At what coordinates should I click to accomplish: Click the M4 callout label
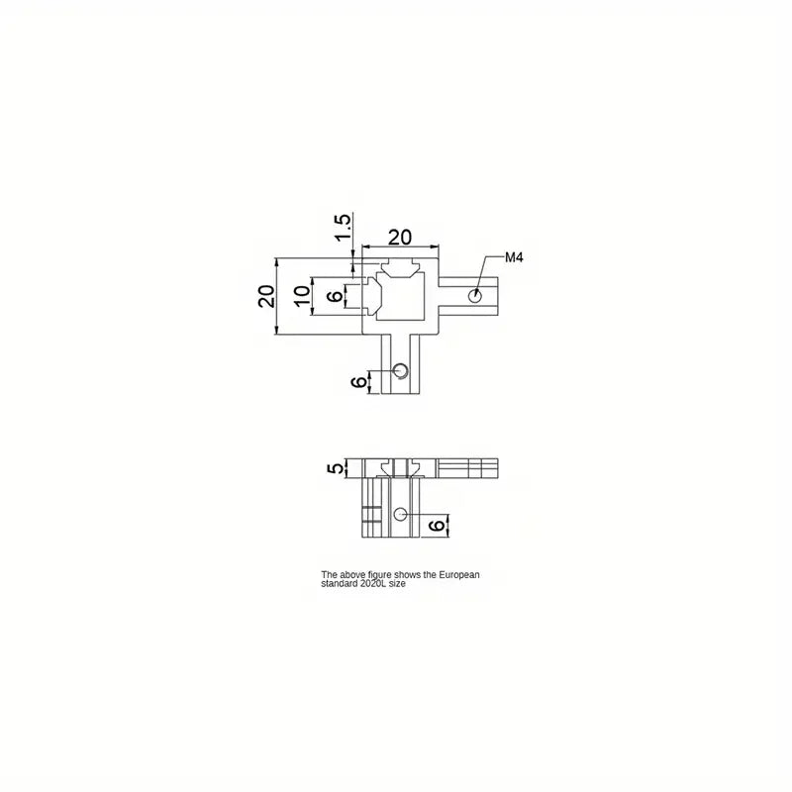tap(514, 257)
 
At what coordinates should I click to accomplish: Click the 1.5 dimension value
tap(342, 228)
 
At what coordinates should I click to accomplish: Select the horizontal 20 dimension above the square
tap(400, 237)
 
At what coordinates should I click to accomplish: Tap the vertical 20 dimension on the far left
tap(266, 296)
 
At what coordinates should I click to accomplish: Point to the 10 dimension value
tap(302, 296)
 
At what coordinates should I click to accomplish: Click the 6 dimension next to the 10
tap(334, 296)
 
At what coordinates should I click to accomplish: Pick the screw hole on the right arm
tap(474, 295)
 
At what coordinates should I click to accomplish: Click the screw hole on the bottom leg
tap(401, 370)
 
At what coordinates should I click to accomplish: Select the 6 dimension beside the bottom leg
tap(358, 382)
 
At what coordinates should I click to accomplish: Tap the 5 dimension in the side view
tap(335, 467)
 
